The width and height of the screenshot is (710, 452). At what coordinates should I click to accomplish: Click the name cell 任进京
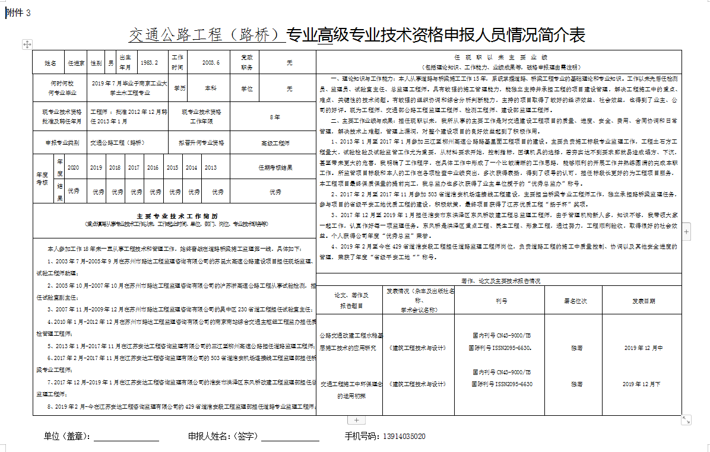pyautogui.click(x=76, y=62)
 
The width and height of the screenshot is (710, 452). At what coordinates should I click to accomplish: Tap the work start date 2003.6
pyautogui.click(x=211, y=62)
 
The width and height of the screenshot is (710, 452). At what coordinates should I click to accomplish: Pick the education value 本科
pyautogui.click(x=211, y=88)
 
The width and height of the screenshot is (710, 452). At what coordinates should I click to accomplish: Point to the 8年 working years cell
pyautogui.click(x=275, y=117)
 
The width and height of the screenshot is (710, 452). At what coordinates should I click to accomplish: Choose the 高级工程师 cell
pyautogui.click(x=275, y=143)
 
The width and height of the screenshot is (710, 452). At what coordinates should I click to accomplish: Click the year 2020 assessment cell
pyautogui.click(x=73, y=168)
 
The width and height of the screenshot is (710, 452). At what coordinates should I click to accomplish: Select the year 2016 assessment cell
pyautogui.click(x=153, y=168)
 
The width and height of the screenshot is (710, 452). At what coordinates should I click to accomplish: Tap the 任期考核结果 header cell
pyautogui.click(x=275, y=168)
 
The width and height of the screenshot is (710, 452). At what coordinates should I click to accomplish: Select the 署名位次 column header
pyautogui.click(x=575, y=301)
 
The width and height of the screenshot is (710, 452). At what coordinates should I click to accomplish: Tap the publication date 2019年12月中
pyautogui.click(x=643, y=348)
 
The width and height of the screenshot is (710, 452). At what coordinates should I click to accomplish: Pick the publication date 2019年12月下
pyautogui.click(x=643, y=384)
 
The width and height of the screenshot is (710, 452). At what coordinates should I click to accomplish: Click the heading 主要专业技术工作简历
pyautogui.click(x=174, y=215)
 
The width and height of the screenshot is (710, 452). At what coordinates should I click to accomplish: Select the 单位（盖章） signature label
pyautogui.click(x=67, y=437)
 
